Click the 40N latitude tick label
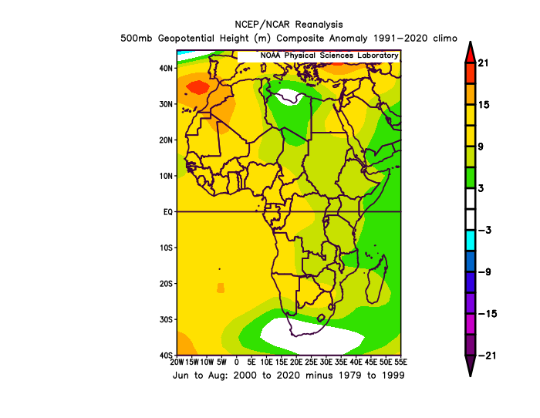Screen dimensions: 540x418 click(166, 68)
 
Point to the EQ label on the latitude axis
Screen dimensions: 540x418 click(167, 212)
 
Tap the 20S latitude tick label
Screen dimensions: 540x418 click(166, 284)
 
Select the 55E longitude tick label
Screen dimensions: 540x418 click(401, 362)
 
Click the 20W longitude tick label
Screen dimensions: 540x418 click(177, 362)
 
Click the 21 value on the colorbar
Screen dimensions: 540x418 click(483, 62)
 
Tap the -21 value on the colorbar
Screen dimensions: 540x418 click(487, 356)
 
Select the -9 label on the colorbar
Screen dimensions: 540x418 click(484, 272)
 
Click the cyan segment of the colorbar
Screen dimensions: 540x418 click(470, 241)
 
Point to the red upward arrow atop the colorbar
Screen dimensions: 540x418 click(470, 52)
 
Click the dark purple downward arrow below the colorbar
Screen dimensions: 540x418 click(470, 366)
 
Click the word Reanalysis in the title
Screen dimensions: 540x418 click(319, 25)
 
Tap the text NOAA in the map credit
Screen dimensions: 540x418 click(270, 56)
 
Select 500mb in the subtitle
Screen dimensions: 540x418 click(136, 38)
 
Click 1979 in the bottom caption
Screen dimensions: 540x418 click(349, 375)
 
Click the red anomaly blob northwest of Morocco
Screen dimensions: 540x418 click(197, 87)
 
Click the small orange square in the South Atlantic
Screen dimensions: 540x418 click(221, 288)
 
